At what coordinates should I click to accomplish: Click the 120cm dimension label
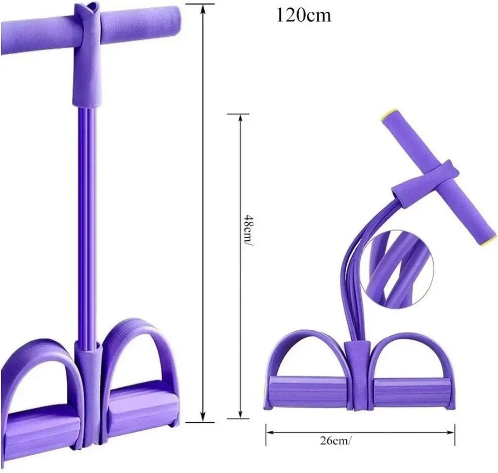point(304,15)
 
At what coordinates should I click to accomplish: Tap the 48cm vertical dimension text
point(247,229)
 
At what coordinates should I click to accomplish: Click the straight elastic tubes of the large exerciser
point(86,216)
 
